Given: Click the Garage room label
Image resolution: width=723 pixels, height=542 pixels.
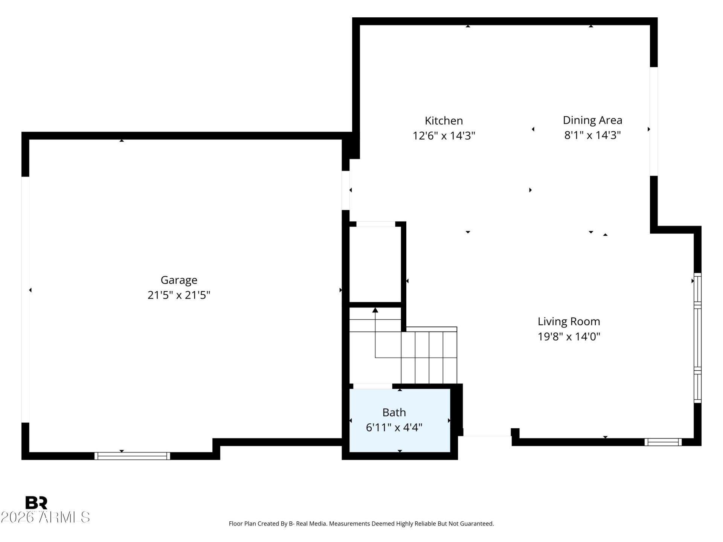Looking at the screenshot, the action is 179,280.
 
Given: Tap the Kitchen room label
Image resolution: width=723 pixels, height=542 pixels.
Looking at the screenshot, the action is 444,120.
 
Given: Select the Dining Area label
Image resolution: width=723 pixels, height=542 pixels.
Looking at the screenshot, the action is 592,120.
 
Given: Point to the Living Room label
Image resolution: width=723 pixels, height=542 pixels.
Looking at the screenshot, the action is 569,321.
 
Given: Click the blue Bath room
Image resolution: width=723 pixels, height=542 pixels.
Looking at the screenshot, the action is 400,420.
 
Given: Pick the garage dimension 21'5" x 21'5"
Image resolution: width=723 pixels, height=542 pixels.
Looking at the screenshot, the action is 179,295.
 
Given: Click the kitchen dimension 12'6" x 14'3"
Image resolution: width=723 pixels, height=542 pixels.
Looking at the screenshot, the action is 444,135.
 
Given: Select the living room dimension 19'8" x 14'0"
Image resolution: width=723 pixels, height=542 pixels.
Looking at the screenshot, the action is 569,336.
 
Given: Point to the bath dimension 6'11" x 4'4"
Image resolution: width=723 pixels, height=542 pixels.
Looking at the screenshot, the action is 394,427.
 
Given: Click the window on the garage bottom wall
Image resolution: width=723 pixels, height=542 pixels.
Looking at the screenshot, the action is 132,456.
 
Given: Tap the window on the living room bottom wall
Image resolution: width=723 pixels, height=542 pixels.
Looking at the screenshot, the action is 663,442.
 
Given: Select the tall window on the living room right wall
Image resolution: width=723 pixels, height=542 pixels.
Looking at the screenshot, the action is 697,338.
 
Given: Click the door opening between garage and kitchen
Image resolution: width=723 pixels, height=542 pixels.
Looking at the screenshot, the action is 346,190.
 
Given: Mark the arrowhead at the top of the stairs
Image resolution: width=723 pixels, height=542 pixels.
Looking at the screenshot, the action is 375,310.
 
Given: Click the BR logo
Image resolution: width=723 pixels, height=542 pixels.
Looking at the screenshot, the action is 36,502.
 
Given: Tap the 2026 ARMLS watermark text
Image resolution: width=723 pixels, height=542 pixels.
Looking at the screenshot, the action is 45,517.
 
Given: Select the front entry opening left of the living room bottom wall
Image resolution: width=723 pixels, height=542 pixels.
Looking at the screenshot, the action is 487,436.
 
